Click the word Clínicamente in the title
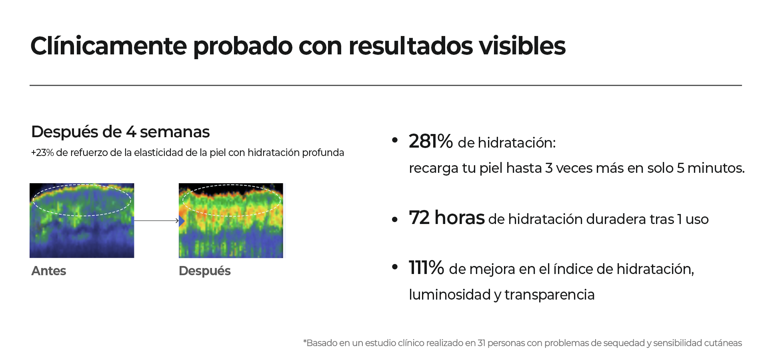tap(109, 46)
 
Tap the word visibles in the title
tap(522, 46)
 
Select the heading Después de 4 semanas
tap(120, 132)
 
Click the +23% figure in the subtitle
tap(42, 152)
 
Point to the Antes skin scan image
tap(82, 220)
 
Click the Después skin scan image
tap(231, 220)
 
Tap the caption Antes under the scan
tap(49, 271)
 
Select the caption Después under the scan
tap(205, 271)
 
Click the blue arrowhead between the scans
tap(182, 221)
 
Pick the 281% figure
tap(431, 141)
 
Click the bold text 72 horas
tap(447, 218)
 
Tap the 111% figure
tap(426, 268)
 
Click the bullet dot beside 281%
tap(395, 140)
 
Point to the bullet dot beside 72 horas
tap(395, 219)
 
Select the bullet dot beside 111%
tap(395, 267)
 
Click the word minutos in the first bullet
tap(716, 168)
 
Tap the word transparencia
tap(550, 295)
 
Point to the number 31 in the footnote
tap(482, 343)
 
